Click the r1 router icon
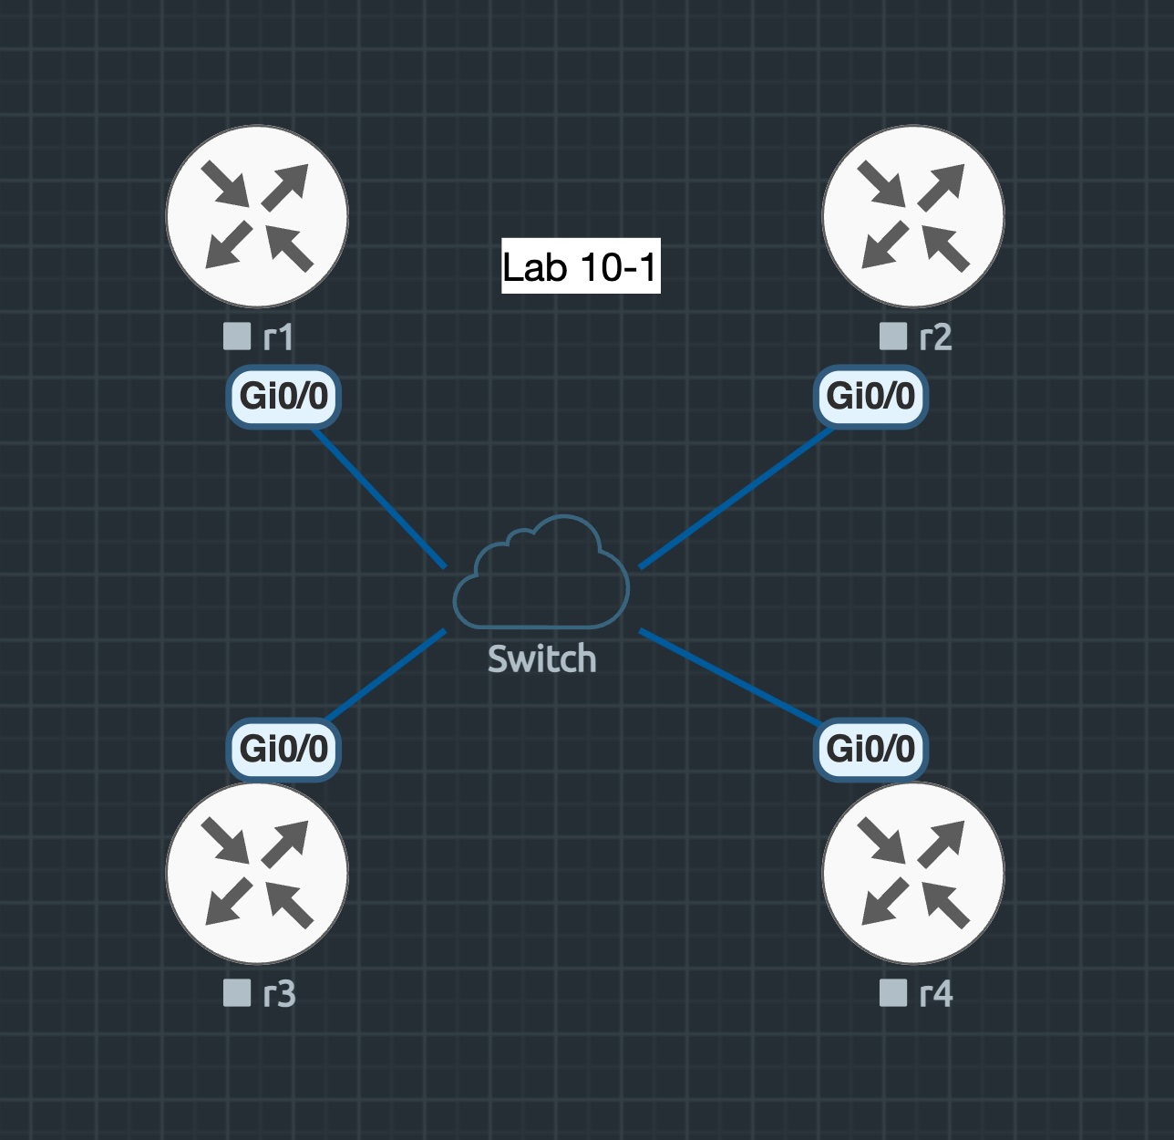pyautogui.click(x=257, y=216)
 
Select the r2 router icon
pyautogui.click(x=913, y=216)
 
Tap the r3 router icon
pyautogui.click(x=257, y=873)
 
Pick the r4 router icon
pyautogui.click(x=913, y=873)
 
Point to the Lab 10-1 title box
pyautogui.click(x=581, y=266)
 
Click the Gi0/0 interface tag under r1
pyautogui.click(x=283, y=397)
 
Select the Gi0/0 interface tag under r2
pyautogui.click(x=870, y=397)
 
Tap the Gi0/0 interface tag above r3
pyautogui.click(x=283, y=749)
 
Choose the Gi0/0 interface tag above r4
pyautogui.click(x=870, y=749)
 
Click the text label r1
pyautogui.click(x=278, y=338)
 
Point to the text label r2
pyautogui.click(x=935, y=338)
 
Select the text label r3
pyautogui.click(x=279, y=994)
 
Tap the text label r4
pyautogui.click(x=936, y=994)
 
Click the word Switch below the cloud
pyautogui.click(x=541, y=658)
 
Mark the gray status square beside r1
pyautogui.click(x=237, y=337)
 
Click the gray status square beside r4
pyautogui.click(x=893, y=992)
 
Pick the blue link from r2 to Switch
pyautogui.click(x=736, y=497)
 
